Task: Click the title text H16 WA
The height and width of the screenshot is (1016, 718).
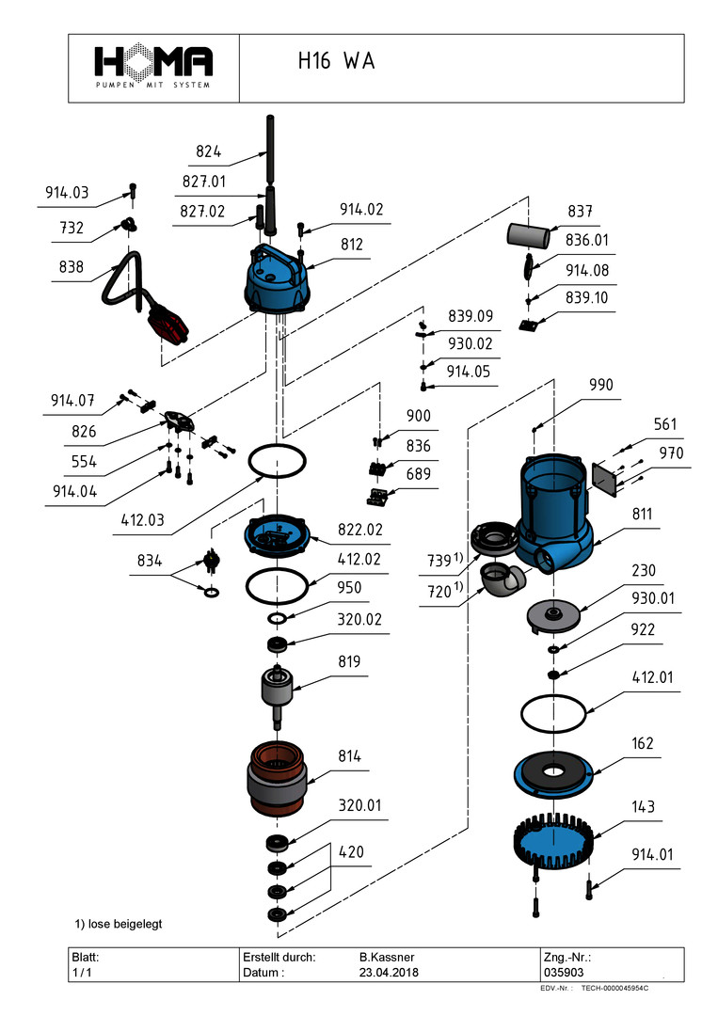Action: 336,62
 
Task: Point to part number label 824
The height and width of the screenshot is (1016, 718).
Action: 209,151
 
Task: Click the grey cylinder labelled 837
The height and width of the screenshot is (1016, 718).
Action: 528,233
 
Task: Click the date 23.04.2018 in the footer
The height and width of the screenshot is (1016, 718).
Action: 389,972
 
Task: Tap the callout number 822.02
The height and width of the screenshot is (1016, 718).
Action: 359,530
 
